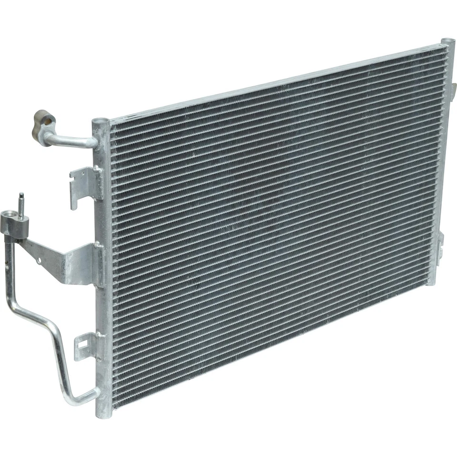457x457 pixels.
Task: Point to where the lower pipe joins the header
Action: pos(95,394)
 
